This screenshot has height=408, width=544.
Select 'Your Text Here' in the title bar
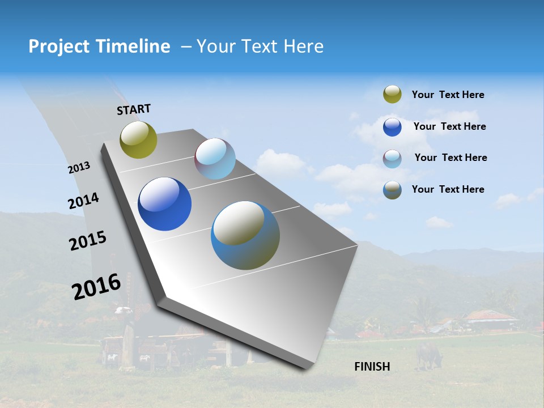point(260,46)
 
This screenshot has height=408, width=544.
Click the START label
point(134,109)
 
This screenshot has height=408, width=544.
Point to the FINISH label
point(372,367)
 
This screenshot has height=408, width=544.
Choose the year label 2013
point(79,168)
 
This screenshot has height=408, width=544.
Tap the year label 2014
point(84,201)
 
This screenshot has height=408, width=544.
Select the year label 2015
point(88,241)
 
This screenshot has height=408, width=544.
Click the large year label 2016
point(96,286)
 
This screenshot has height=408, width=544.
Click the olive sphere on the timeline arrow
point(138,139)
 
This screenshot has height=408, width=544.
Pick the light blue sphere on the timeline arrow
point(215,159)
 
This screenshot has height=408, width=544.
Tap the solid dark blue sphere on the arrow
point(164,204)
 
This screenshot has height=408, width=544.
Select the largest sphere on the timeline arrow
point(245,235)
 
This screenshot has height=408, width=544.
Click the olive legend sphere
point(392,95)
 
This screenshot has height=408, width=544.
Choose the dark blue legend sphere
point(392,127)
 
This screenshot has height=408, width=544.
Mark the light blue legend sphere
point(392,158)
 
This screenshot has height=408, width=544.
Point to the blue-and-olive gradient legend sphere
point(392,190)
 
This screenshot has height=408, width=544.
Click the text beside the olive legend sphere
point(448,95)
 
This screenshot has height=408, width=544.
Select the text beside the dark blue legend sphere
point(449,126)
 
